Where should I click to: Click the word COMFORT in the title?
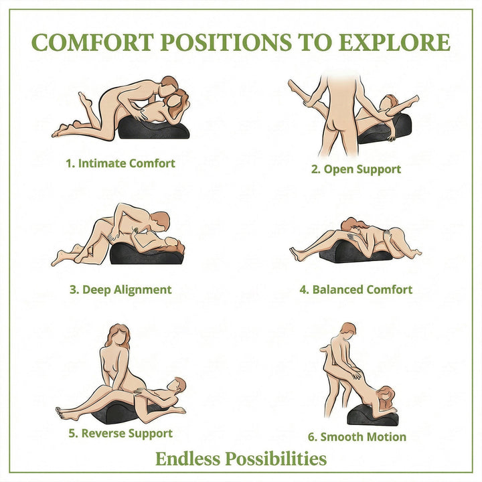pyautogui.click(x=92, y=42)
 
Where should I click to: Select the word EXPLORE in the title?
pyautogui.click(x=394, y=42)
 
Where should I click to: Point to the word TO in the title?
pyautogui.click(x=315, y=42)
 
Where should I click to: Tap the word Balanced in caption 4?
pyautogui.click(x=337, y=290)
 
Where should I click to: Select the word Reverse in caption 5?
pyautogui.click(x=103, y=433)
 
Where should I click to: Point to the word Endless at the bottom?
pyautogui.click(x=188, y=459)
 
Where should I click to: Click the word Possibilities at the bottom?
pyautogui.click(x=276, y=459)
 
